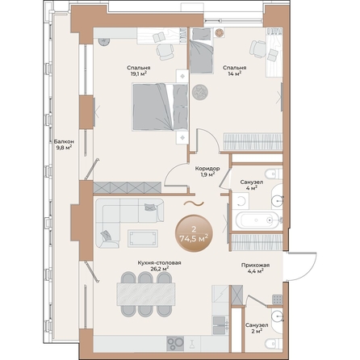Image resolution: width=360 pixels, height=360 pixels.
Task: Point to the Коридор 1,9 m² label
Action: (x=206, y=171)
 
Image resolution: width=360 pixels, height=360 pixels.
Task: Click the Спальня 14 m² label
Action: (x=235, y=71)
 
